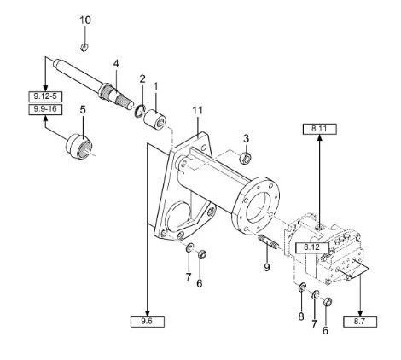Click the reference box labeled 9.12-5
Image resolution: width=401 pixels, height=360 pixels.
[45, 96]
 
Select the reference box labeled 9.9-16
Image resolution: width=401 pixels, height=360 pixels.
[45, 109]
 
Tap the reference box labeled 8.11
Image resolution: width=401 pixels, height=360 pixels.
[320, 129]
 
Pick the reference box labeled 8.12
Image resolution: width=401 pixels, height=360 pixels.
[312, 247]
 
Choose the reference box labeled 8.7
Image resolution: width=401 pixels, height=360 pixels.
[360, 322]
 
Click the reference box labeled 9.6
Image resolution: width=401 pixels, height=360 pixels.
[148, 322]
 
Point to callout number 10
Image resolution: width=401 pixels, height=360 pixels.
[85, 20]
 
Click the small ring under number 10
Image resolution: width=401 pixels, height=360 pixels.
[84, 47]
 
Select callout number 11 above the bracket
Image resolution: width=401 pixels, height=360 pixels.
[197, 110]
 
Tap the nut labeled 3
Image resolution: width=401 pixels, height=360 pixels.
[245, 158]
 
